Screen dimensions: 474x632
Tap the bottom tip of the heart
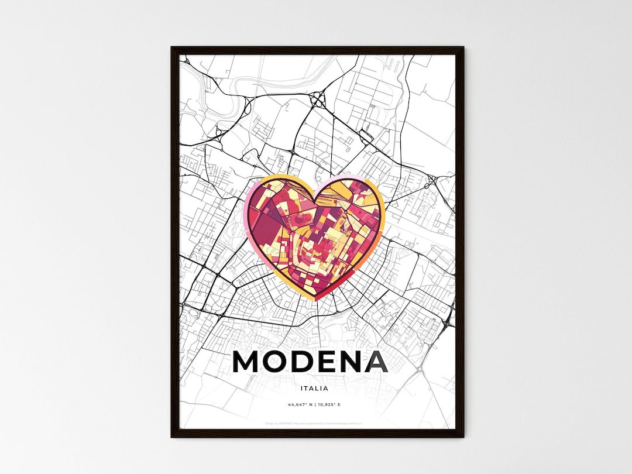tap(317, 300)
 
